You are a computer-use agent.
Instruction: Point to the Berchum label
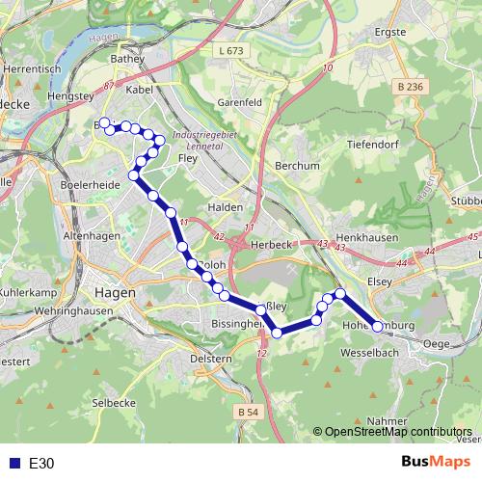coord(297,166)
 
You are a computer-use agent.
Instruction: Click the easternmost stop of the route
coord(378,327)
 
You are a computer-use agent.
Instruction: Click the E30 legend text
coord(41,464)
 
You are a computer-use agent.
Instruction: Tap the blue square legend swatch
coord(13,464)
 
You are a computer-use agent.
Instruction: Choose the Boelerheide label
coord(88,184)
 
